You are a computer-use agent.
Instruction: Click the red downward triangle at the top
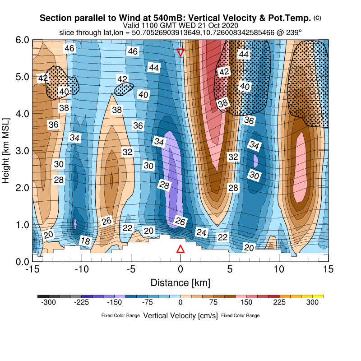[180, 52]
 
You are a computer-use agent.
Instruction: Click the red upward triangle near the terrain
[180, 249]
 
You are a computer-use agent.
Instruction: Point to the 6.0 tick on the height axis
[23, 40]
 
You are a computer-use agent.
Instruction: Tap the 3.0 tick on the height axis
[23, 151]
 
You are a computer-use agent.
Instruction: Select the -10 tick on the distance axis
[82, 269]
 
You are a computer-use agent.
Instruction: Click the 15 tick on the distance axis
[329, 269]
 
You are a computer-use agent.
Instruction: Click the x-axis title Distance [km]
[180, 283]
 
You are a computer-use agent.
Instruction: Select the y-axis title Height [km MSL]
[6, 151]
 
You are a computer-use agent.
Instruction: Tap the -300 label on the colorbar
[48, 303]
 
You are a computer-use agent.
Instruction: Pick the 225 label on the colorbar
[279, 303]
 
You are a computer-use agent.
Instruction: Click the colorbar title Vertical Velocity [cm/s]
[180, 315]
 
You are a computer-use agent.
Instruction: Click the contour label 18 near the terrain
[85, 241]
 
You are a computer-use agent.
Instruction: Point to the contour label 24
[201, 232]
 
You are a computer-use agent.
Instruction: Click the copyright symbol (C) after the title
[318, 18]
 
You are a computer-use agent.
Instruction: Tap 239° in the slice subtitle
[294, 33]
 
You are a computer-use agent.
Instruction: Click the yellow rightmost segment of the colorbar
[318, 296]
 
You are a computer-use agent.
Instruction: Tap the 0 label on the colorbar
[180, 303]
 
